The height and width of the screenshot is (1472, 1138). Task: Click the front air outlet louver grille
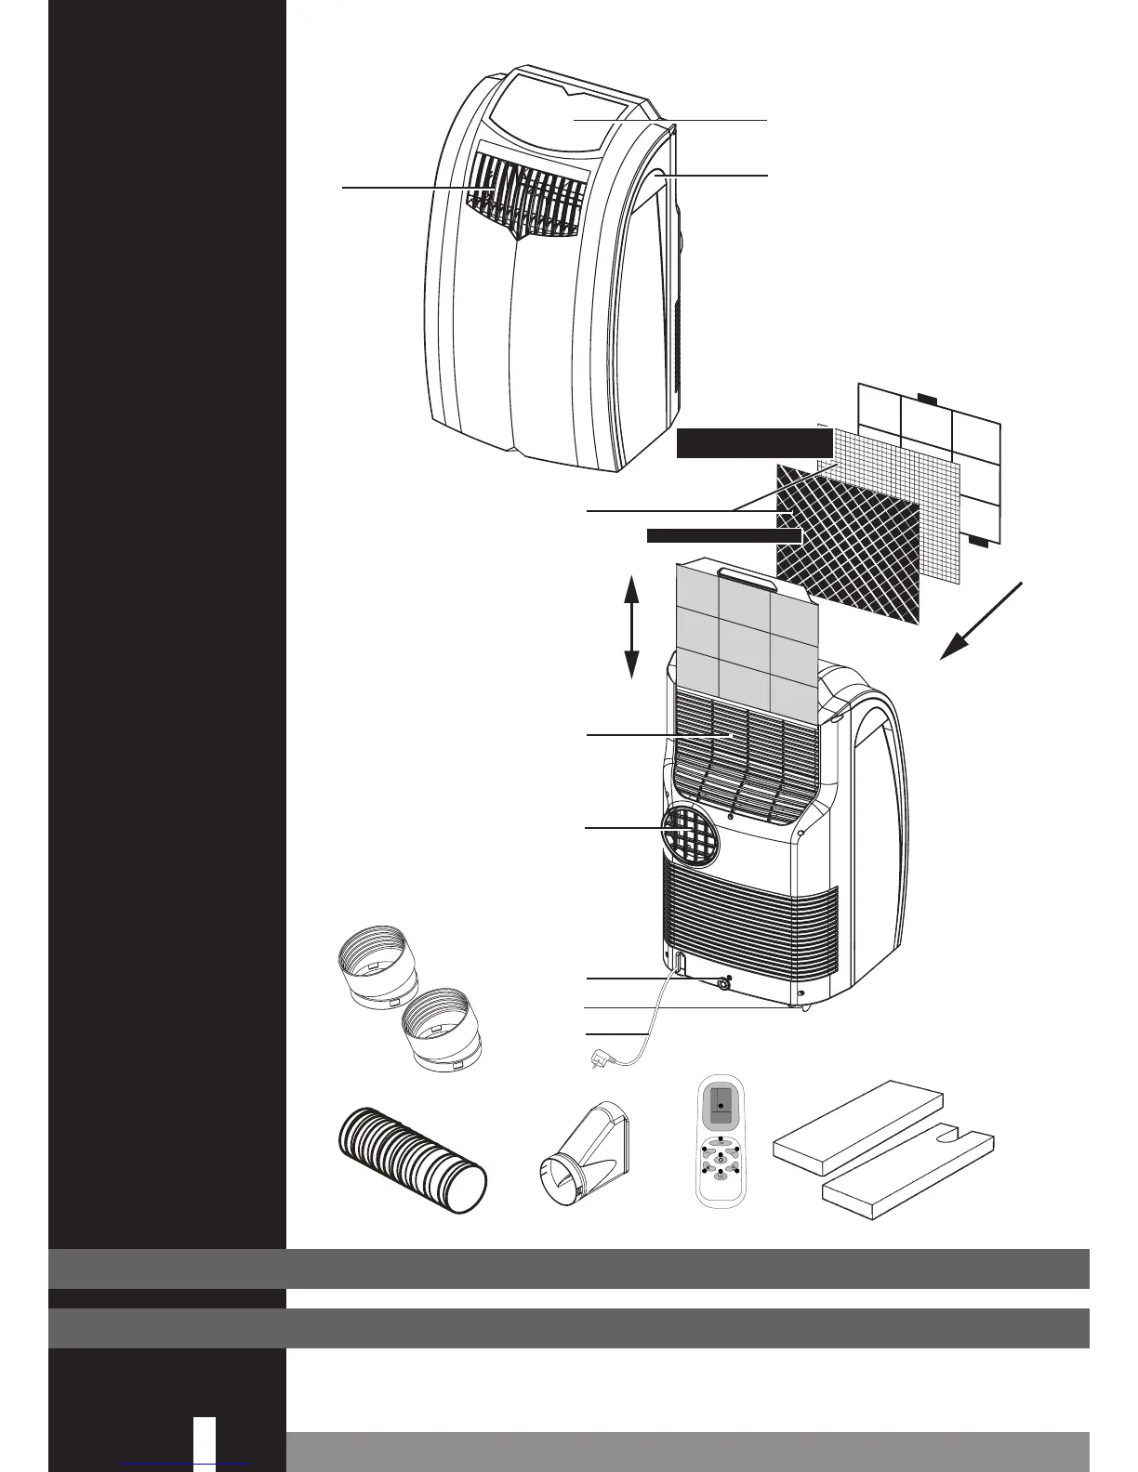tap(531, 196)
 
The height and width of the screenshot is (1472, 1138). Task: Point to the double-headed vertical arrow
tap(631, 626)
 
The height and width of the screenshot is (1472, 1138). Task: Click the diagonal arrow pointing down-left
tap(981, 621)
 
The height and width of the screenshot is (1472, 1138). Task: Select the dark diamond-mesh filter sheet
tap(848, 544)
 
